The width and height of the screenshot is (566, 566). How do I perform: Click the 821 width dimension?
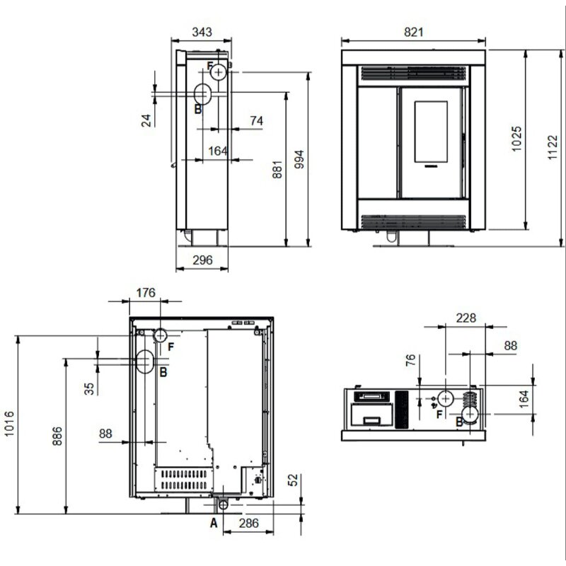(413, 32)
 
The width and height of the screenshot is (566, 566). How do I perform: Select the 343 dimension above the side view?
(202, 32)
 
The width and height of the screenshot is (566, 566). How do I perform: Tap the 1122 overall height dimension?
(553, 147)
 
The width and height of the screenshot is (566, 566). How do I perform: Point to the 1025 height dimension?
(516, 139)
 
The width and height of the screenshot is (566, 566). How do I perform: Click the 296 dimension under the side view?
(202, 260)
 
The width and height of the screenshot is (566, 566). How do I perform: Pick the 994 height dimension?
(299, 160)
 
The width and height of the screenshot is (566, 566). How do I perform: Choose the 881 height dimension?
(277, 170)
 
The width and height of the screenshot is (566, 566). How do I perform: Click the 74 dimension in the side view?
(256, 120)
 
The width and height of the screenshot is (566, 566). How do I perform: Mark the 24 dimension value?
(146, 120)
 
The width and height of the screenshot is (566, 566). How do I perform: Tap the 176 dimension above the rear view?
(146, 292)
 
